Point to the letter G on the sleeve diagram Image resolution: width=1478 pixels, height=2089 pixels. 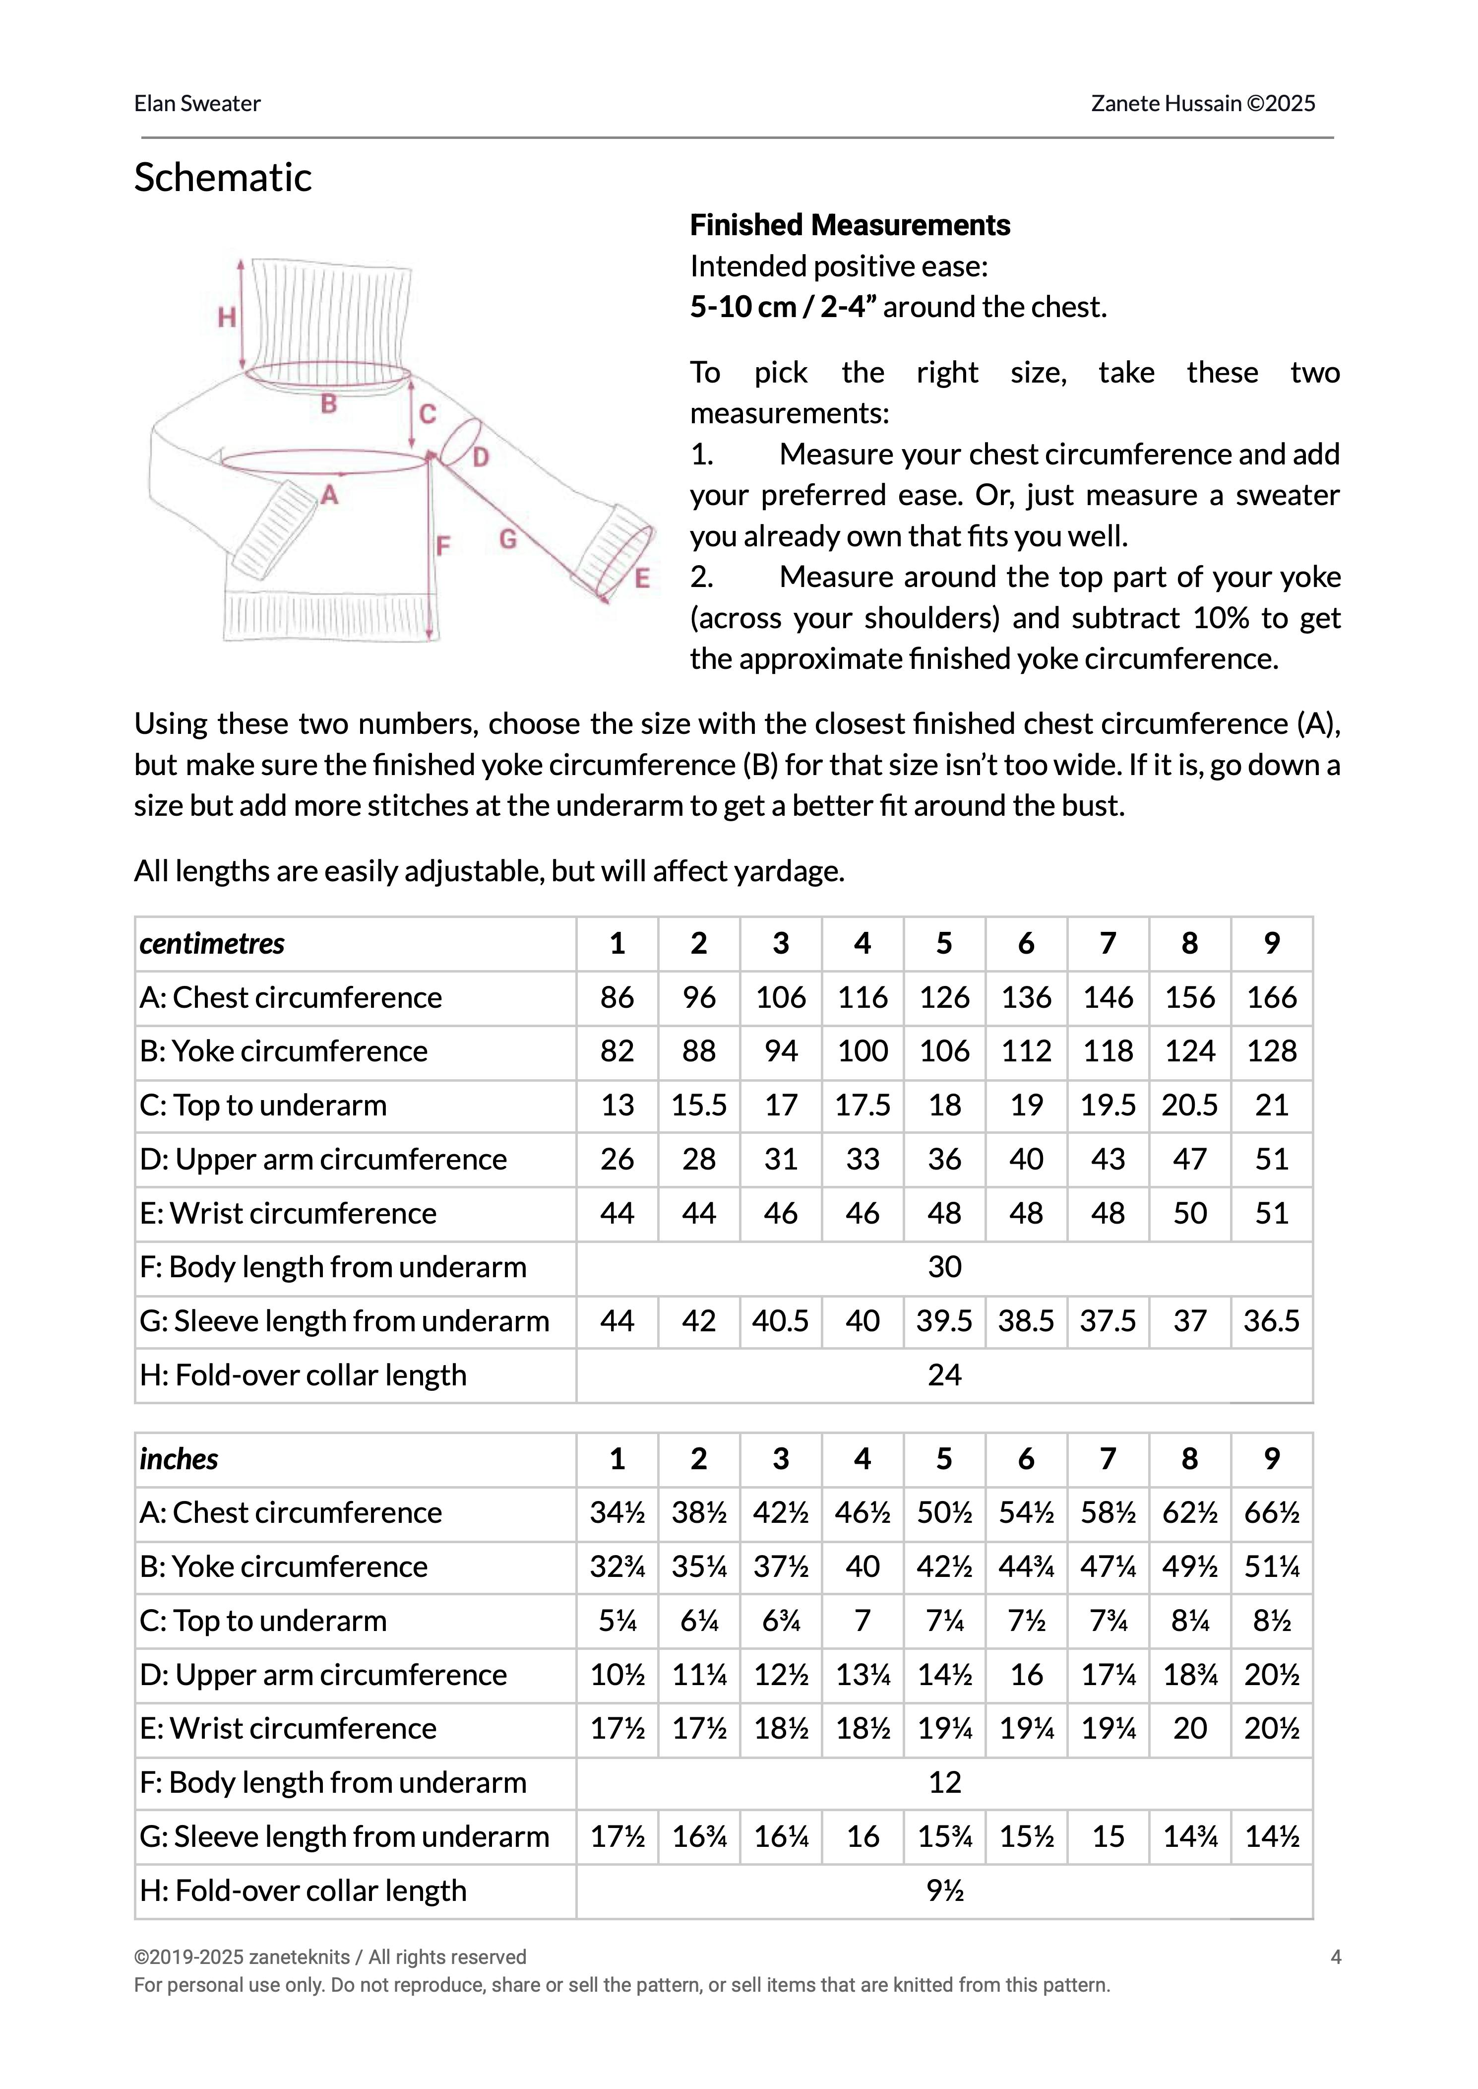508,540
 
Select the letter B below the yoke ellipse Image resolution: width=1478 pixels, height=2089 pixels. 328,404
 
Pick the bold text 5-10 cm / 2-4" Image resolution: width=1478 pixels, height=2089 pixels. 783,307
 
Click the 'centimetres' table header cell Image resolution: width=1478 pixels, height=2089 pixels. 212,943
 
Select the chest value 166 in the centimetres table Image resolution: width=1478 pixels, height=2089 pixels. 1271,997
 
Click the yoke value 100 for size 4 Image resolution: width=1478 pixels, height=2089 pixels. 862,1050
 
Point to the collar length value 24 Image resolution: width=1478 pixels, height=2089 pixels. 944,1374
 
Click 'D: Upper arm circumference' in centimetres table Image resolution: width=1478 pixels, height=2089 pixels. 323,1159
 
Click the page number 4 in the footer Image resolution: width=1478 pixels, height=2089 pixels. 1335,1957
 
